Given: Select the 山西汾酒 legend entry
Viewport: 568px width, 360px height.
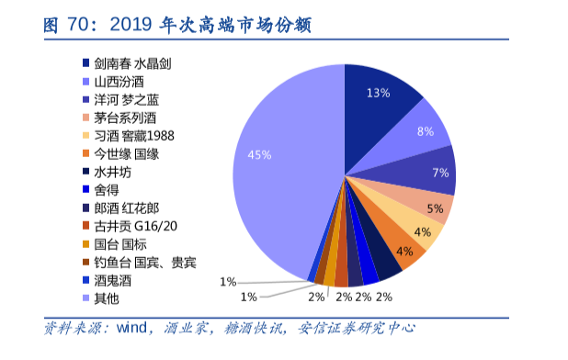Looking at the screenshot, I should click(119, 82).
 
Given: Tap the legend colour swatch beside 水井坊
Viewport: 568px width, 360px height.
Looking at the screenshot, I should click(85, 172).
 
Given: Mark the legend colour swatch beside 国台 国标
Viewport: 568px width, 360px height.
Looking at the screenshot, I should click(85, 243).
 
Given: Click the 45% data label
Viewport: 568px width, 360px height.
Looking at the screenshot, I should click(259, 155).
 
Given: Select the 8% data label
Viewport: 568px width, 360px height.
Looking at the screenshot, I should click(426, 131).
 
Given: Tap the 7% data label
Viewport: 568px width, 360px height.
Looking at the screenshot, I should click(440, 173).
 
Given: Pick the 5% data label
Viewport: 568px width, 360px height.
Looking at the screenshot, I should click(434, 209).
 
